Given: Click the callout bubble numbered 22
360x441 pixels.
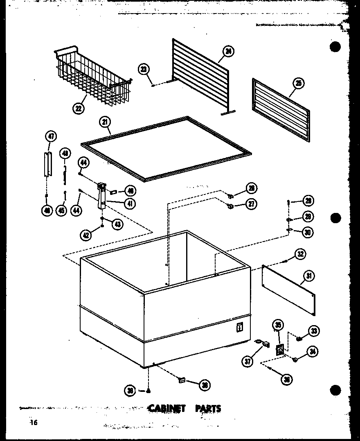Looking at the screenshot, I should pos(78,108).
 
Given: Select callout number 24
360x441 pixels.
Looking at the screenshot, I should pos(228,52).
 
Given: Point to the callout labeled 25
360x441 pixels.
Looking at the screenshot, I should pos(299,84).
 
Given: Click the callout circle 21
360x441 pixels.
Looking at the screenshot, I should pos(105,122).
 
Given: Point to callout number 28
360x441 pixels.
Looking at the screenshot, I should pos(308,201).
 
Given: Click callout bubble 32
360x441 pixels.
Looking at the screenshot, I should pos(301,254).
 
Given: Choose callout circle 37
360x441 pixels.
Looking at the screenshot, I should pos(248,362).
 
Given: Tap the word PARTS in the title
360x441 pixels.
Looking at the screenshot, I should pos(208,408).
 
